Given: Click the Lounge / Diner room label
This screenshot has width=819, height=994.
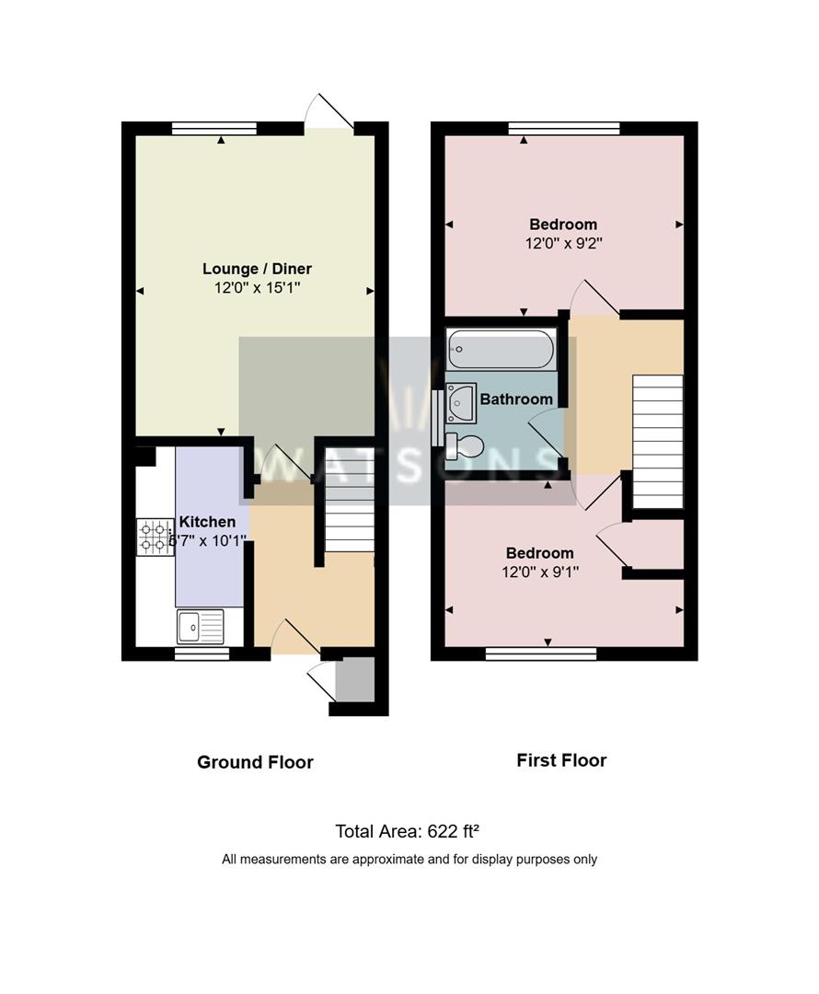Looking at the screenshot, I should (257, 269).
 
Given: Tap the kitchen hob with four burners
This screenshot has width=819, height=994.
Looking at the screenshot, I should (156, 537).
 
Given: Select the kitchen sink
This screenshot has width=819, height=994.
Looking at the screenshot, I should (200, 627).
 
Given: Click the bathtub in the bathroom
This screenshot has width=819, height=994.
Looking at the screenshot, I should (501, 351).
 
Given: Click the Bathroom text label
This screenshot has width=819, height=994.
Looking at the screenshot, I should (516, 399).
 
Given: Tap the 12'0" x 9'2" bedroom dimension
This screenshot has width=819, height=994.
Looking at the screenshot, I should (562, 244).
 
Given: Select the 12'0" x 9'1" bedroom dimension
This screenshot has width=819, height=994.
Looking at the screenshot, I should (540, 572).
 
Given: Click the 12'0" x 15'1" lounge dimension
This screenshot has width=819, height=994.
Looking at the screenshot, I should (257, 288).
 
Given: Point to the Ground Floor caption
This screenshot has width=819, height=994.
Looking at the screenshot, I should (255, 762).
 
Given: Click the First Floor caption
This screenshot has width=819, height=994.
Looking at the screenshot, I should (561, 760).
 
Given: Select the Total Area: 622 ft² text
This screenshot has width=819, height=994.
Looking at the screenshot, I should (408, 832).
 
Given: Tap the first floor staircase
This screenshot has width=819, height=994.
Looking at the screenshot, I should (658, 441).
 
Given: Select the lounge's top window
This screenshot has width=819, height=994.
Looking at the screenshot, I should (221, 129).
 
